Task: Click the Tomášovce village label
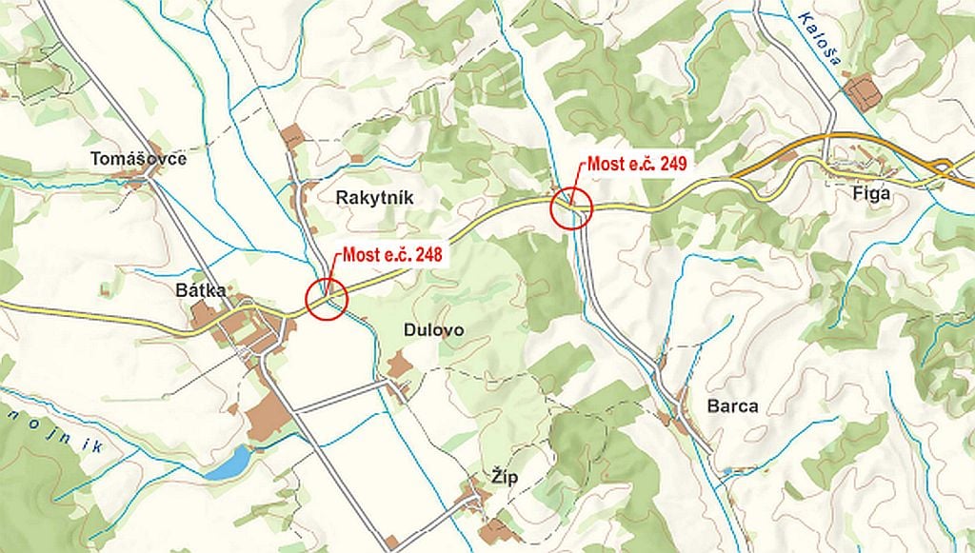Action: tap(139, 158)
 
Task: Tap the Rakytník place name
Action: tap(375, 196)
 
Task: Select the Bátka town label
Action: tap(200, 290)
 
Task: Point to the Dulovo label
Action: tap(432, 330)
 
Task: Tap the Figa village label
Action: tap(871, 193)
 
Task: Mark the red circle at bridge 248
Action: tap(327, 299)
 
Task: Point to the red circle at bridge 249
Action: tap(571, 207)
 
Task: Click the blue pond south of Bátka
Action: tap(228, 464)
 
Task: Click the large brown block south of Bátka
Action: tap(269, 416)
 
